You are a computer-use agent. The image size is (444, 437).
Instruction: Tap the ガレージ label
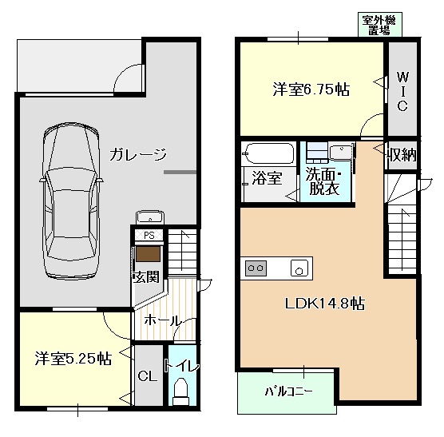pyautogui.click(x=138, y=154)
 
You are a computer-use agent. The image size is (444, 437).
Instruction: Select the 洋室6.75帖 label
pyautogui.click(x=311, y=90)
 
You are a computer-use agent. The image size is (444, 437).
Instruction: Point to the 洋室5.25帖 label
pyautogui.click(x=72, y=359)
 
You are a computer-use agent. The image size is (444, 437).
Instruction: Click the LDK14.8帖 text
pyautogui.click(x=326, y=304)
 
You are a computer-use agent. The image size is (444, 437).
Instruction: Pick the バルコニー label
pyautogui.click(x=288, y=392)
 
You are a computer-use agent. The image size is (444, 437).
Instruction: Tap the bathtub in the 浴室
pyautogui.click(x=269, y=153)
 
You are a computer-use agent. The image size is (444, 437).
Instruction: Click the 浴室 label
pyautogui.click(x=266, y=177)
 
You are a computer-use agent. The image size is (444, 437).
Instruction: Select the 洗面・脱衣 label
pyautogui.click(x=323, y=181)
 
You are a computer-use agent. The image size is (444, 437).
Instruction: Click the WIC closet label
pyautogui.click(x=402, y=91)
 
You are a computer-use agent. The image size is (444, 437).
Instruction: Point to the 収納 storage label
pyautogui.click(x=402, y=155)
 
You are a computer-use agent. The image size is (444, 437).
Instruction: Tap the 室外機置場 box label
pyautogui.click(x=379, y=25)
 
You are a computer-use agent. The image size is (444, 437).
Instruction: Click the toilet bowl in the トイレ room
pyautogui.click(x=179, y=390)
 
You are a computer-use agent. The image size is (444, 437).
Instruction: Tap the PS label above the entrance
pyautogui.click(x=148, y=236)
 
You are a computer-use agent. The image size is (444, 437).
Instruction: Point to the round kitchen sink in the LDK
pyautogui.click(x=299, y=268)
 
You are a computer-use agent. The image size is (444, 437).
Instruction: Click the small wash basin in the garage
pyautogui.click(x=149, y=216)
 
